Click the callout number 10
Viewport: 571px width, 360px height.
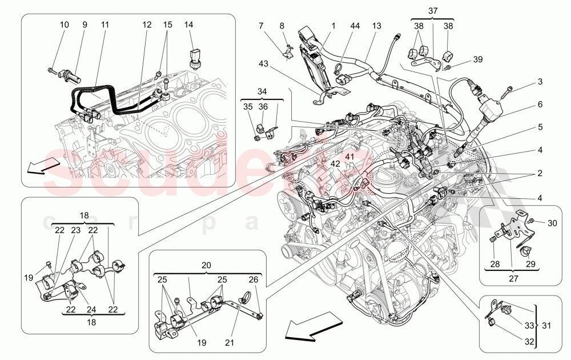click(x=64, y=25)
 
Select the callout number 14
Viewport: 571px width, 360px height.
click(x=190, y=25)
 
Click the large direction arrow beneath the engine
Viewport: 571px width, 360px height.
click(x=307, y=330)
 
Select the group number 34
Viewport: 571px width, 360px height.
click(x=262, y=93)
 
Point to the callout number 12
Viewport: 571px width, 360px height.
click(x=147, y=25)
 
